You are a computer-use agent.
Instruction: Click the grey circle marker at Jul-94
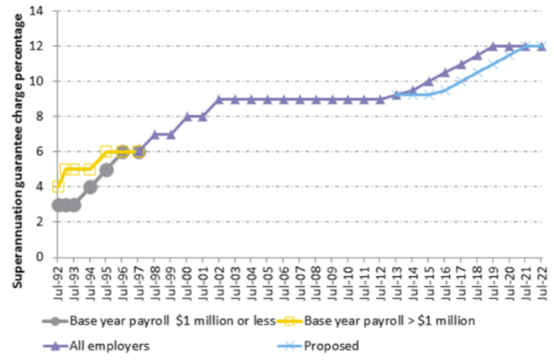[90, 186]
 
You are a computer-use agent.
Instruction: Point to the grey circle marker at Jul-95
[106, 169]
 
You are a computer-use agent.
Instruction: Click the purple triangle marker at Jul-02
[219, 99]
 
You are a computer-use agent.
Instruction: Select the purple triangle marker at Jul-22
[541, 46]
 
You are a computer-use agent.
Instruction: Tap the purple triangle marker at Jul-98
[154, 134]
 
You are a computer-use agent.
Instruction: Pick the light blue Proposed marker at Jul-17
[461, 81]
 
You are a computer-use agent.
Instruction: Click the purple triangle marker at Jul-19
[494, 46]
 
